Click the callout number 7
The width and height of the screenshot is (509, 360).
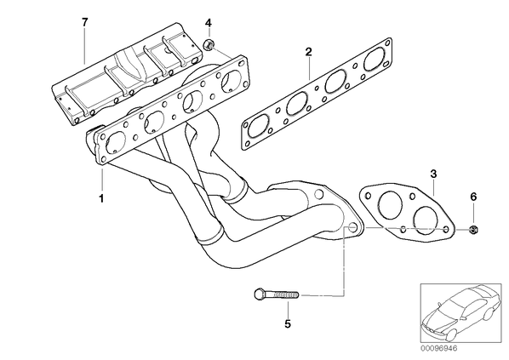(84, 22)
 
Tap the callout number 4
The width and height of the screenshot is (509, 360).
(208, 23)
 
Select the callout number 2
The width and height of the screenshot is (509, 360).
(308, 52)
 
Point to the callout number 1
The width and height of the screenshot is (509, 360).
(101, 198)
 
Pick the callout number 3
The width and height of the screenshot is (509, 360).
(434, 174)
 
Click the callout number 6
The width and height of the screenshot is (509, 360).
(473, 197)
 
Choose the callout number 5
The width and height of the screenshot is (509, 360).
(288, 323)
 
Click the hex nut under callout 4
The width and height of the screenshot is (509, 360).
(208, 44)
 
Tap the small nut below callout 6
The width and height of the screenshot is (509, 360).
(473, 230)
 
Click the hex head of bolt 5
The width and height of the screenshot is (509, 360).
(259, 294)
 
